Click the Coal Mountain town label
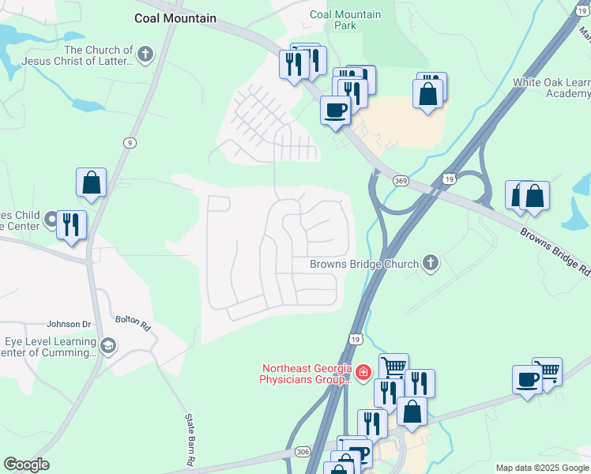[x=175, y=18]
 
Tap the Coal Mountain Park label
[x=345, y=20]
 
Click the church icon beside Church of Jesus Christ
[x=144, y=55]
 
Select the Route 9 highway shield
[x=128, y=142]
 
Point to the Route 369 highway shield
[x=401, y=181]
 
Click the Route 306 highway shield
[x=303, y=451]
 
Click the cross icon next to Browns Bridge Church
[x=430, y=263]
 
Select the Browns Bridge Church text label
[x=363, y=264]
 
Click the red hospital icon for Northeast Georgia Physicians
[x=363, y=371]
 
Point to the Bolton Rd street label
[x=132, y=322]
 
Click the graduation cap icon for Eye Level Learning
[x=108, y=344]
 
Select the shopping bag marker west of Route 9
[x=91, y=182]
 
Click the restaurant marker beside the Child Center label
[x=71, y=225]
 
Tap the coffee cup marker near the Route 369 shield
[x=335, y=110]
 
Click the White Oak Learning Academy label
[x=551, y=88]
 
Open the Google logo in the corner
[x=26, y=465]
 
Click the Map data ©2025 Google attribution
[x=542, y=468]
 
